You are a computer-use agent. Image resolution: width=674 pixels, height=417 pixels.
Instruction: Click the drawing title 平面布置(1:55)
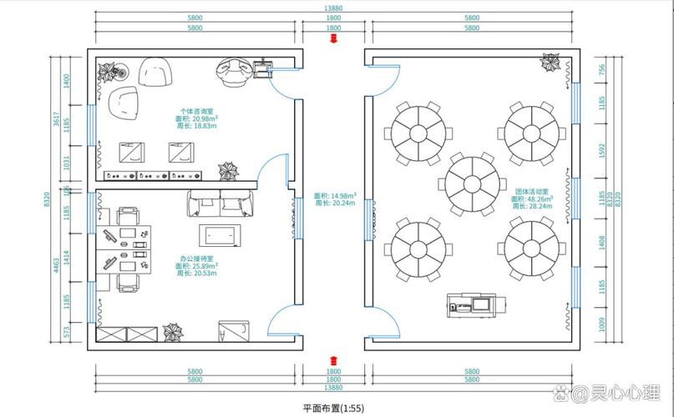click(333, 408)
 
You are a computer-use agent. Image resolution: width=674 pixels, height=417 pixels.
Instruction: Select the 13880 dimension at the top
click(333, 8)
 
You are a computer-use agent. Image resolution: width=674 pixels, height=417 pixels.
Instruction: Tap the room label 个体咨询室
click(197, 111)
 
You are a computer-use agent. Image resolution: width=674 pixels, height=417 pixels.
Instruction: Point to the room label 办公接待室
click(197, 258)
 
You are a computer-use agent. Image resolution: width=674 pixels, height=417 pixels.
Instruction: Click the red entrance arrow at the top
click(333, 38)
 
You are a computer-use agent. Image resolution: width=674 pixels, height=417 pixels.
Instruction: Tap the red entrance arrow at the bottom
click(333, 361)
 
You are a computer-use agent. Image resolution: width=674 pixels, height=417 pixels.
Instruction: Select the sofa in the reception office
click(220, 203)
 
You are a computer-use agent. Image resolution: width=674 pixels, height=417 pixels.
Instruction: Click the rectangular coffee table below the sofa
click(220, 234)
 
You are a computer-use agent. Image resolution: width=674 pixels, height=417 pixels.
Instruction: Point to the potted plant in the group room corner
click(549, 63)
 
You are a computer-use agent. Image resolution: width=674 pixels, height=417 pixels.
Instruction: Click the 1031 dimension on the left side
click(68, 163)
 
